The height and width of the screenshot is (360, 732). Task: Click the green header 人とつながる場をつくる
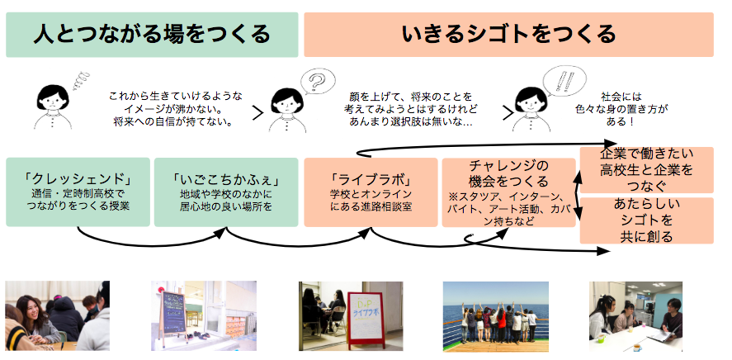click(x=152, y=34)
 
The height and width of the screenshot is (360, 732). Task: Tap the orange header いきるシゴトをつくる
click(x=508, y=34)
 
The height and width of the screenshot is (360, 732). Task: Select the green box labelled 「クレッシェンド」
click(x=78, y=192)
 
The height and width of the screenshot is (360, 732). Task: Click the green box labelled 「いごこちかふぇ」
click(x=225, y=192)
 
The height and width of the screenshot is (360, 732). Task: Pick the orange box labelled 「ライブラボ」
click(x=370, y=192)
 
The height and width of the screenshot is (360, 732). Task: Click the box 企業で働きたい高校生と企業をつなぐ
click(x=646, y=169)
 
